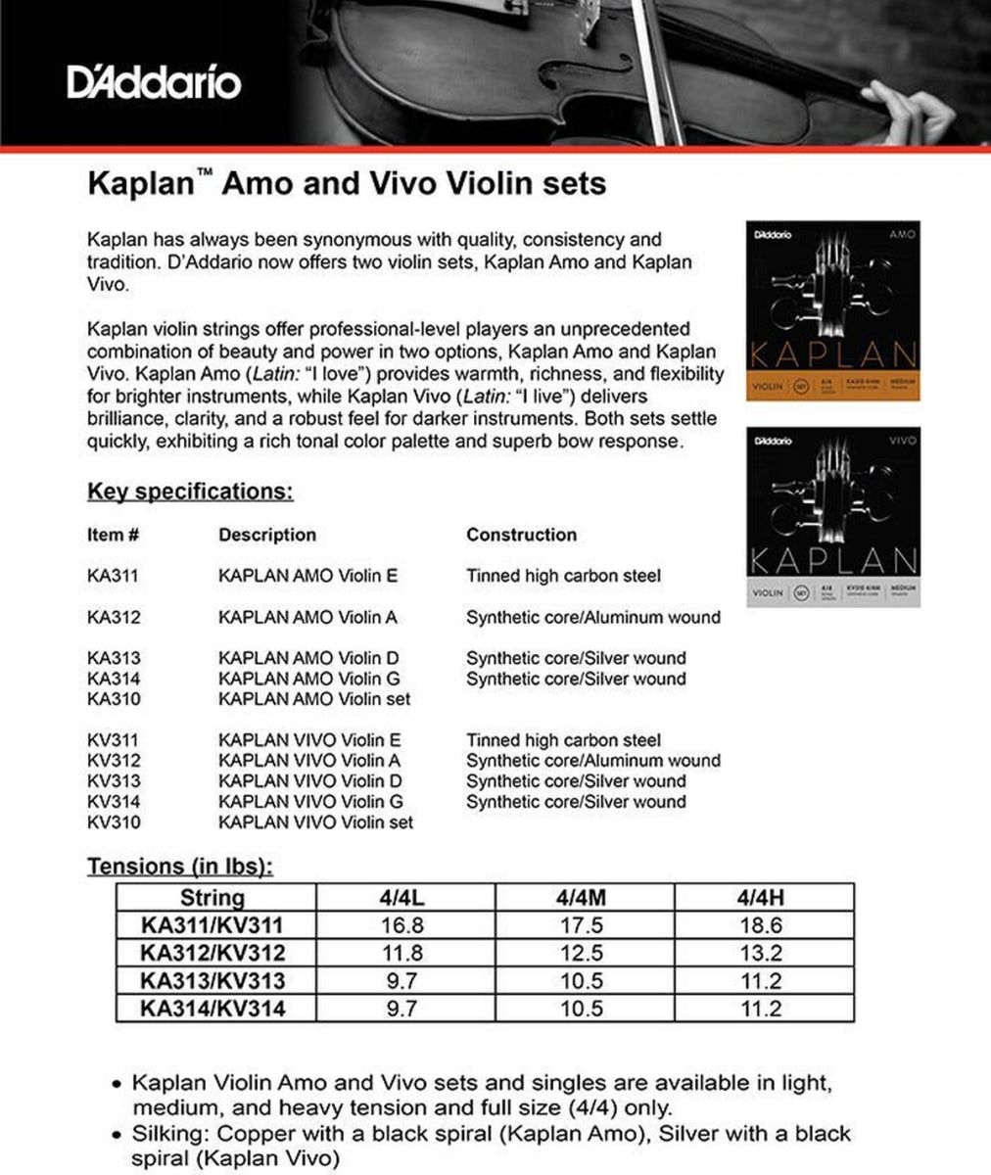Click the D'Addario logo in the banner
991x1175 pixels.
(x=154, y=82)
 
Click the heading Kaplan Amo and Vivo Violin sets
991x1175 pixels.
(x=347, y=184)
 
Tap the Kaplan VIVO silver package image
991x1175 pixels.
(x=832, y=516)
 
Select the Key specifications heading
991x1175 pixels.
(x=190, y=491)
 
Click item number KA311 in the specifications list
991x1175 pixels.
(x=113, y=576)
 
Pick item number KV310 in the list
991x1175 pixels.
(x=113, y=822)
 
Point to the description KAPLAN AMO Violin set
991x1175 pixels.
(x=314, y=699)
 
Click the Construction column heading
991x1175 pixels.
(x=521, y=535)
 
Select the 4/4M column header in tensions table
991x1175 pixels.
(x=582, y=897)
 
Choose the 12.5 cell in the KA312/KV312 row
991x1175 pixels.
(x=582, y=953)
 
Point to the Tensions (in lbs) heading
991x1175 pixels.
(x=180, y=867)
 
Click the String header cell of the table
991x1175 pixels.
(x=212, y=897)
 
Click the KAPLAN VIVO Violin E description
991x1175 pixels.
(x=310, y=740)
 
